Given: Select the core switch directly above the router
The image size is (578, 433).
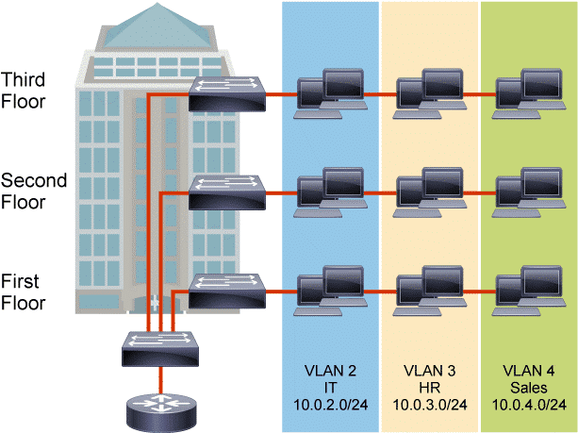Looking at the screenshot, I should pyautogui.click(x=160, y=351).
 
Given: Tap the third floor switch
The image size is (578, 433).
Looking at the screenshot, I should pyautogui.click(x=225, y=92).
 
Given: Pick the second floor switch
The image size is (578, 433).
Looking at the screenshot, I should pyautogui.click(x=225, y=192).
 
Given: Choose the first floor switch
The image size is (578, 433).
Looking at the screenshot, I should pyautogui.click(x=225, y=289).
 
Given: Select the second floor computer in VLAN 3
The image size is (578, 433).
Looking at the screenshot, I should pyautogui.click(x=424, y=192).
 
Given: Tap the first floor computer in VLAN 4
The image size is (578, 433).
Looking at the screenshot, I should pyautogui.click(x=524, y=289).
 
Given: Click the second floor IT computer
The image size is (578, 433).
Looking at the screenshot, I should pyautogui.click(x=323, y=192).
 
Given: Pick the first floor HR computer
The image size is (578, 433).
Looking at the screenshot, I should pyautogui.click(x=424, y=289).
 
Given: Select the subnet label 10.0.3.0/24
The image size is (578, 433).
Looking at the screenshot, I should pyautogui.click(x=430, y=405).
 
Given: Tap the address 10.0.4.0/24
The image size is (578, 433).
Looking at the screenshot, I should pyautogui.click(x=529, y=405).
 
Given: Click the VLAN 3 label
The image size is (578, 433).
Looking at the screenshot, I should pyautogui.click(x=430, y=371).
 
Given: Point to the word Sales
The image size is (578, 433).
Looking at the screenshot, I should pyautogui.click(x=529, y=388).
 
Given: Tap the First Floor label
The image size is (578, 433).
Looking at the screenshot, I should pyautogui.click(x=24, y=291).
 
